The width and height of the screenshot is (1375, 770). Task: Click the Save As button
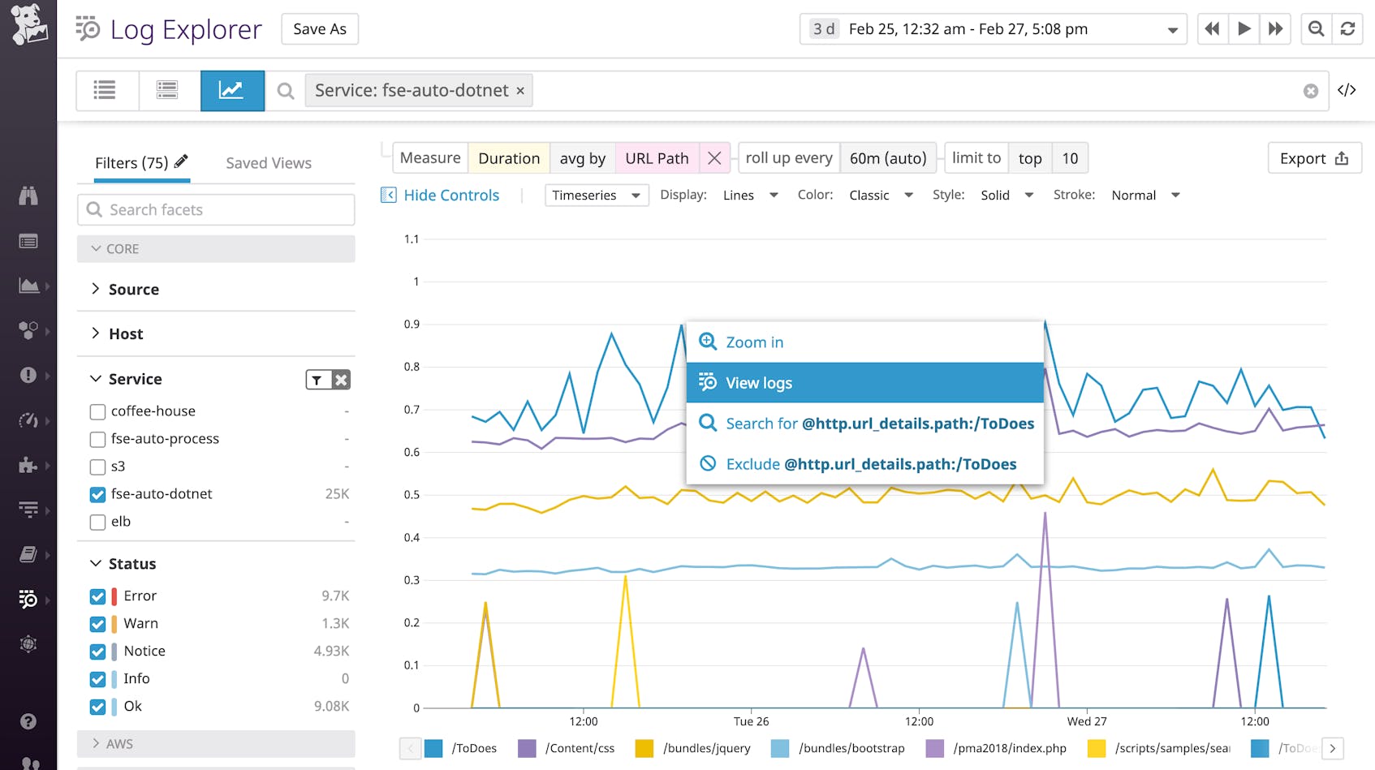(320, 29)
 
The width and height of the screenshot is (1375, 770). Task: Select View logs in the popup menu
(864, 383)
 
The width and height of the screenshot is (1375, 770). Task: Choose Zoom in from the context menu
(864, 342)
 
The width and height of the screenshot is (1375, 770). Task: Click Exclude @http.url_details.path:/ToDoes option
(864, 464)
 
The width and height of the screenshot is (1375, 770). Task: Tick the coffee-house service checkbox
(98, 411)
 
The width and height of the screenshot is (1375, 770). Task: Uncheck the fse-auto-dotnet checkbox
(98, 494)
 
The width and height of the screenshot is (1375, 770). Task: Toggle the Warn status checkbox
(98, 624)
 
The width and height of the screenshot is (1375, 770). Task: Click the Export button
(1313, 158)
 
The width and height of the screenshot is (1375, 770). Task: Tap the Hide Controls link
(450, 196)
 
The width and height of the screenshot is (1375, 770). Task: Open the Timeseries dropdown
(596, 196)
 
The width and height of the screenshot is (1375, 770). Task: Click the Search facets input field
(216, 210)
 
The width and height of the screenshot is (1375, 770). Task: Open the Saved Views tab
(269, 163)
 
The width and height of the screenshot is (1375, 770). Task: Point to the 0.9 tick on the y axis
(412, 325)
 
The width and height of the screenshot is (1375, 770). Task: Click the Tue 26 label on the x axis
(751, 721)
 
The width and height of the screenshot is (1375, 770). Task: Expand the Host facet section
(126, 333)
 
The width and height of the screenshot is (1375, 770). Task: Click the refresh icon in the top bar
(1347, 29)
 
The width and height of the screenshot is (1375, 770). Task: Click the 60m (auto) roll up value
(888, 158)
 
